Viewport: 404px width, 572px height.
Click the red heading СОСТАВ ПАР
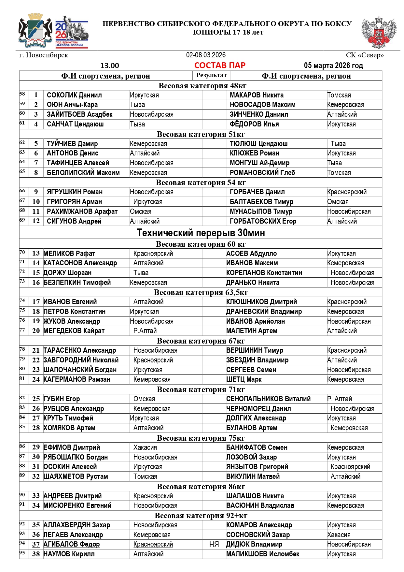click(220, 66)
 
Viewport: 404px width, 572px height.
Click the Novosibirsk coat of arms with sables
click(35, 30)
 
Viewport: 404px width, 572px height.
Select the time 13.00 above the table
click(110, 66)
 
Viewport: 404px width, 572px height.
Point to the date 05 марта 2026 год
click(333, 66)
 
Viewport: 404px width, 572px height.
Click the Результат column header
click(212, 75)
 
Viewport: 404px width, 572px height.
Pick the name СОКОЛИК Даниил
click(74, 95)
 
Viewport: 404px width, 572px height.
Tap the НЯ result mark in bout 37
click(214, 545)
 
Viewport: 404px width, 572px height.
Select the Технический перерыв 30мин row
click(201, 233)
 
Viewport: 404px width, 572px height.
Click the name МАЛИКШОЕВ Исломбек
click(263, 554)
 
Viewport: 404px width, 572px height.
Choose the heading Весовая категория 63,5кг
click(201, 292)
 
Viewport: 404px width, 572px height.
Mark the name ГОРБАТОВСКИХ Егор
click(263, 221)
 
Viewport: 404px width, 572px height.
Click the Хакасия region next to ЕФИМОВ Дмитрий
click(145, 447)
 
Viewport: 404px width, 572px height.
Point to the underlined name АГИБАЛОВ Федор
click(72, 544)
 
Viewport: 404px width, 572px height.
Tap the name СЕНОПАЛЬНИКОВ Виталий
click(269, 399)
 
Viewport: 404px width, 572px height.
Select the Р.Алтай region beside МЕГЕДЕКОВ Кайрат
click(145, 331)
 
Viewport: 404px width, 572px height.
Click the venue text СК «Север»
click(365, 55)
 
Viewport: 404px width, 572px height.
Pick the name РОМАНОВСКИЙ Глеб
click(262, 173)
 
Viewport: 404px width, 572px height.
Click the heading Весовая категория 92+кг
click(201, 516)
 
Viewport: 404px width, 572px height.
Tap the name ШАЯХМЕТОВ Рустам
click(76, 477)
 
